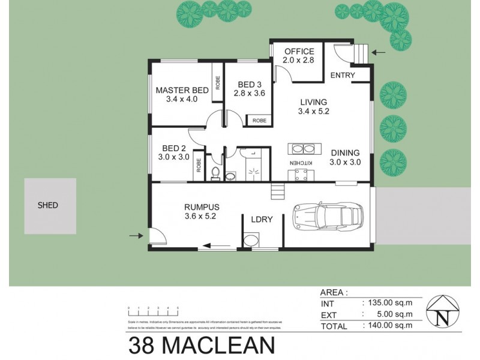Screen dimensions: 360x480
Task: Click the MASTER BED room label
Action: click(182, 90)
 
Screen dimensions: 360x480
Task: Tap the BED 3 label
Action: click(249, 84)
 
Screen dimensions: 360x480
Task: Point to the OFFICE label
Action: click(299, 51)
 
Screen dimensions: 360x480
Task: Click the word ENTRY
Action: click(343, 75)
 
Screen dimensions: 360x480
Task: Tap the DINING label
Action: click(345, 152)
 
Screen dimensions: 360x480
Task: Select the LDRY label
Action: click(263, 220)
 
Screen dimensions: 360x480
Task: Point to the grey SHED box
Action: click(49, 205)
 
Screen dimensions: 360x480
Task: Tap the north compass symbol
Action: click(443, 311)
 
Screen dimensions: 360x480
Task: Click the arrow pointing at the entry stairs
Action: click(379, 53)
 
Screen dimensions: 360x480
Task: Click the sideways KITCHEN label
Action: click(302, 163)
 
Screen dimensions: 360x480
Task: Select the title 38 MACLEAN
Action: click(202, 347)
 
